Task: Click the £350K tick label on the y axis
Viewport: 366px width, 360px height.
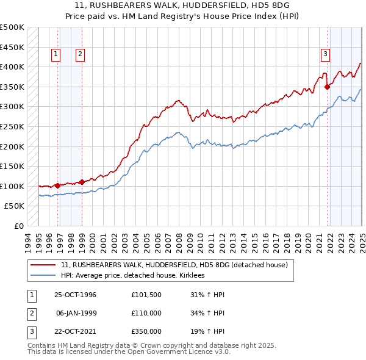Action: [x=12, y=87]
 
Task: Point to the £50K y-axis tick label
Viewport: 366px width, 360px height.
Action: [x=14, y=206]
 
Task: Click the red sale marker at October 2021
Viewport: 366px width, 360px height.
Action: [x=328, y=87]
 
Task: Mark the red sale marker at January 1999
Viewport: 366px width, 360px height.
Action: [x=82, y=182]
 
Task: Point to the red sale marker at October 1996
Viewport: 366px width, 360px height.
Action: [x=58, y=185]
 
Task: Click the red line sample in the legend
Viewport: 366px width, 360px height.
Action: [x=44, y=265]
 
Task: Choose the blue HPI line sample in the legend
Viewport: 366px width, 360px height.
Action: [x=44, y=275]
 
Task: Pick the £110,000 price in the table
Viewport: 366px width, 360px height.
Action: [x=146, y=313]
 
